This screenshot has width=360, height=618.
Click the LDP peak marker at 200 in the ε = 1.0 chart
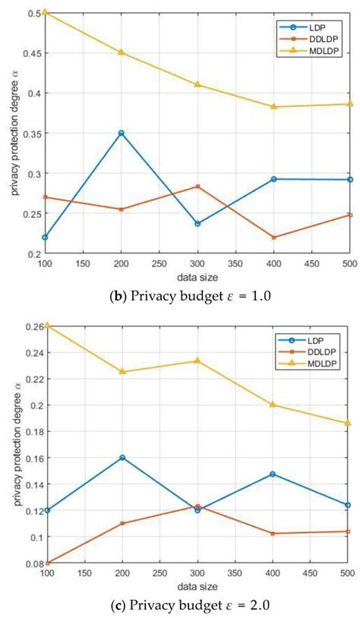pos(121,133)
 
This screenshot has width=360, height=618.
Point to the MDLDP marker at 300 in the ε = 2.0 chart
pos(197,361)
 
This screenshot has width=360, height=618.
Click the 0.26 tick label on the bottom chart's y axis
pos(27,326)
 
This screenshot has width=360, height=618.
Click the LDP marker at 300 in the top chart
pos(197,224)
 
